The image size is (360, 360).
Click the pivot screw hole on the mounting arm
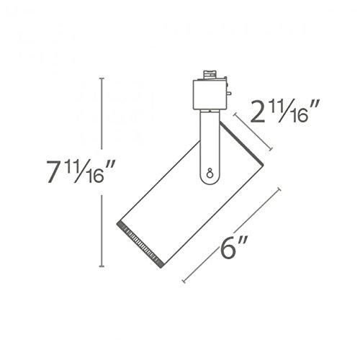pos(208,173)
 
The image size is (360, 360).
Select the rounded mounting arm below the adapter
pos(207,144)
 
